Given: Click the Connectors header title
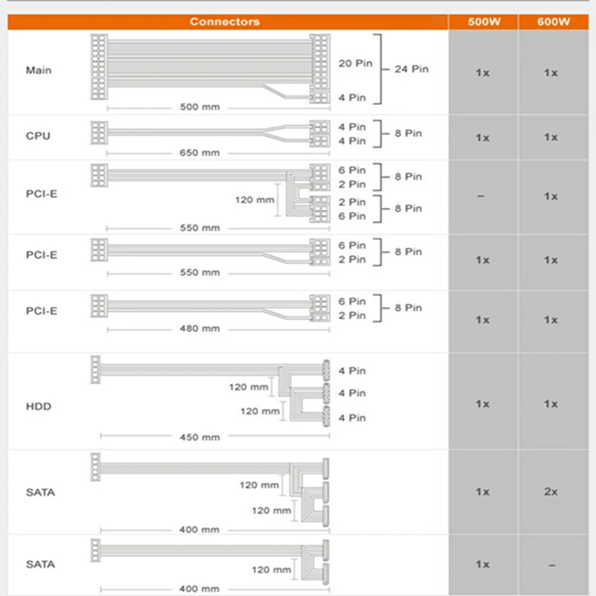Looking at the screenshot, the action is point(225,22).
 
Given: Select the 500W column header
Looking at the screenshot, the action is point(484,22).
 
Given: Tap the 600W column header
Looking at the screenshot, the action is point(554,22).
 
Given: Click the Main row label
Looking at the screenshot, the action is point(39,70).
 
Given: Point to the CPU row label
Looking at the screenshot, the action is point(38,136).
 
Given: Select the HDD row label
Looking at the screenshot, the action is point(39,406).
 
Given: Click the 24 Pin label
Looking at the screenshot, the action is point(412,69).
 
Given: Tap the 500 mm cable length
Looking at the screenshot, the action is point(200,107).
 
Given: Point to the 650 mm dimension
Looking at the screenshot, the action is point(200,153).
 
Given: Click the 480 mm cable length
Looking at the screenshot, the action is point(200,329).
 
